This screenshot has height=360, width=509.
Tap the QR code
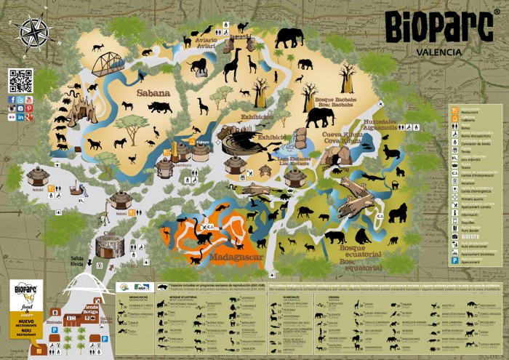coord(20,80)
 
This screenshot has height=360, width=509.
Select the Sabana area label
coord(153,93)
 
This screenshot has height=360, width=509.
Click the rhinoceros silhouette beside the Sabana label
coord(159,107)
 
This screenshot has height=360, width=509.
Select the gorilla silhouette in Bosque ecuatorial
coord(398,212)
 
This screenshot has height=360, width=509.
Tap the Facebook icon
coord(12,100)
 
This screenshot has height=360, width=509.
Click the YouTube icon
coord(29,100)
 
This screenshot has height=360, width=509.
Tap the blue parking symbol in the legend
coord(456,260)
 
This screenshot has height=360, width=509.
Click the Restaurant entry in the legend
coord(456,111)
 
